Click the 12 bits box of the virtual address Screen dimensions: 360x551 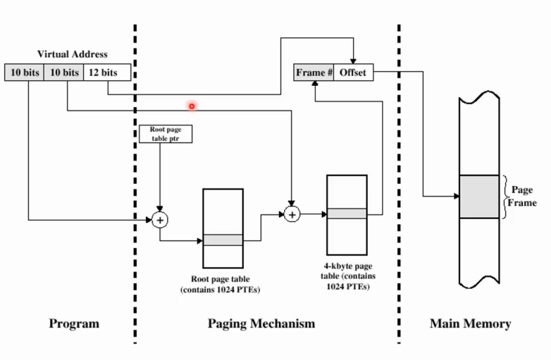[99, 73]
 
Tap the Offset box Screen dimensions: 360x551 [352, 73]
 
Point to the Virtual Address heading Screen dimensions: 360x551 [72, 54]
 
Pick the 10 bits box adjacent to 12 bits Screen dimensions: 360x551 [63, 73]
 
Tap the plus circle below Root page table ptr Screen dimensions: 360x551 [160, 220]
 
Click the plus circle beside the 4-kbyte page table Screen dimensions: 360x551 [292, 213]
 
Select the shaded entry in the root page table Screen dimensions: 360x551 [223, 240]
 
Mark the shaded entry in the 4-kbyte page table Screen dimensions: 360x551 [347, 213]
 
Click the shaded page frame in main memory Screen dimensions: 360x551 [479, 197]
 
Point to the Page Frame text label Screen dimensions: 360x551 [521, 196]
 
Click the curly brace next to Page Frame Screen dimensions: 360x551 [504, 197]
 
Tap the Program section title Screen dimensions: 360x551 [74, 324]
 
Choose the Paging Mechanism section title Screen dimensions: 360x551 [261, 324]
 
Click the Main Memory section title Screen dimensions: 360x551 [470, 324]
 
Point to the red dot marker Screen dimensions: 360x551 [191, 106]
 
